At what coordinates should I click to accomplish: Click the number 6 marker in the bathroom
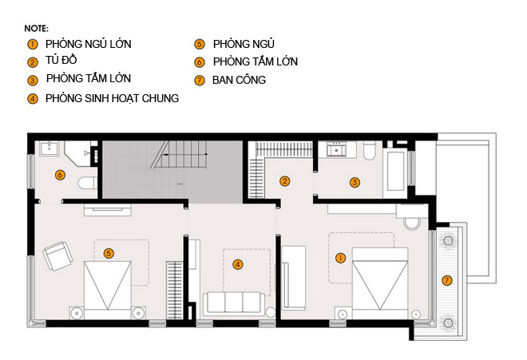tap(60, 175)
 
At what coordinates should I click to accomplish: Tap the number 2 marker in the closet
tap(285, 181)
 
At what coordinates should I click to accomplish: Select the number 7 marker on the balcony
tap(446, 280)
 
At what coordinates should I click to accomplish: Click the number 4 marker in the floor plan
tap(238, 264)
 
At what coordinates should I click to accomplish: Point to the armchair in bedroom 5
tap(57, 255)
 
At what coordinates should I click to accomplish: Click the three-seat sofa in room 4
tap(234, 303)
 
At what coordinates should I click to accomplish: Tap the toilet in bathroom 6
tap(87, 184)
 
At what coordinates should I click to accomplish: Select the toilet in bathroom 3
tap(369, 151)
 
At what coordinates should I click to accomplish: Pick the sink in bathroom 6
tap(50, 148)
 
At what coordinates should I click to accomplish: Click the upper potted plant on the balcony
tap(448, 241)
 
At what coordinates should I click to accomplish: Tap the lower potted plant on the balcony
tap(448, 323)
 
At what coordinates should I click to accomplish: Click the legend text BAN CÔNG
tap(239, 80)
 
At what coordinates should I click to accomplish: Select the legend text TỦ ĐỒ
tap(61, 60)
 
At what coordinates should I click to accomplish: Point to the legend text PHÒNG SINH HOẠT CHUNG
tap(113, 98)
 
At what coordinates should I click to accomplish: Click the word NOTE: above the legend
tap(36, 29)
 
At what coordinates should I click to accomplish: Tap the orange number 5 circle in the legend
tap(200, 45)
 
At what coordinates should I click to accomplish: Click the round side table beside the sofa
tap(271, 312)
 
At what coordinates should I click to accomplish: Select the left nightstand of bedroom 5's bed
tap(77, 313)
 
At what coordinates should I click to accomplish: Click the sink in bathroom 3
tap(337, 149)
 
